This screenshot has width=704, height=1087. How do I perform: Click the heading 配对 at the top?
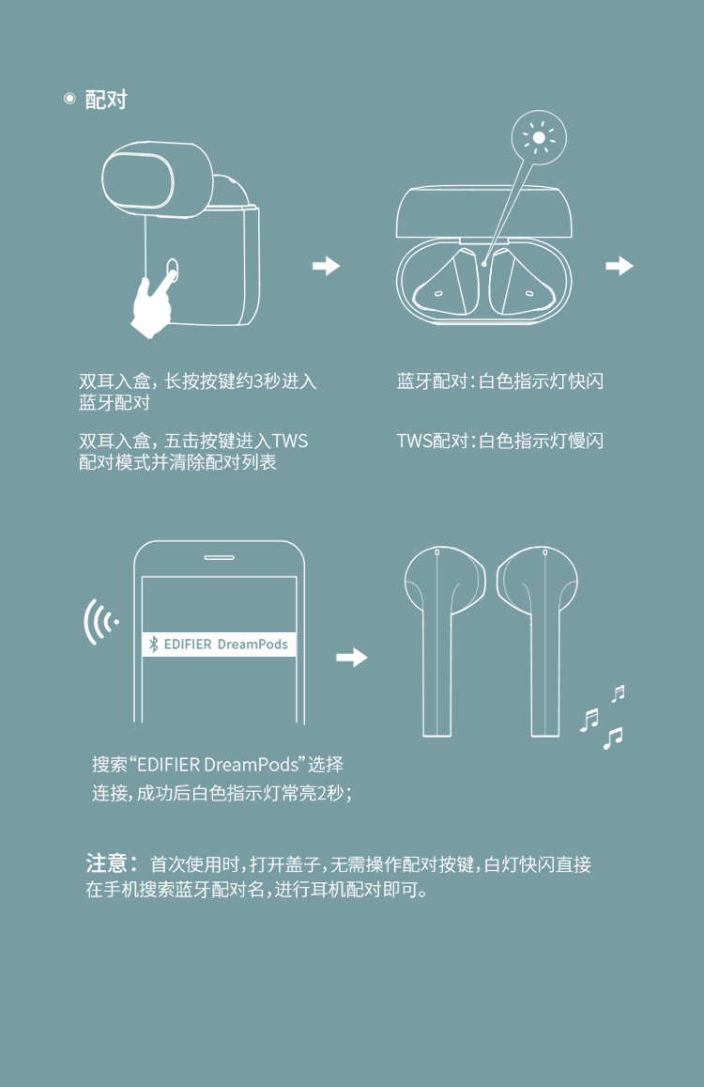click(106, 100)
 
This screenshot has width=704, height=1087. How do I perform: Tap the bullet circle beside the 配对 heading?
click(69, 99)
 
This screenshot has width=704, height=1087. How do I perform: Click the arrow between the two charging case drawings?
click(327, 266)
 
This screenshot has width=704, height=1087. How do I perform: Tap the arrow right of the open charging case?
click(620, 266)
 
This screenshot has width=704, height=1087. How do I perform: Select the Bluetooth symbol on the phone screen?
click(153, 644)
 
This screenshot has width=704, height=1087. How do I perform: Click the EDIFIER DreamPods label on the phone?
click(219, 644)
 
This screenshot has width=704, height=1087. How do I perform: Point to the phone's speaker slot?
click(219, 557)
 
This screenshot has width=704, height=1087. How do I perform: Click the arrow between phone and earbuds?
click(352, 658)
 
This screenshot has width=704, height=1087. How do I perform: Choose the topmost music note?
click(618, 693)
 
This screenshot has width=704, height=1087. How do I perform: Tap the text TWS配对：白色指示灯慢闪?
click(499, 441)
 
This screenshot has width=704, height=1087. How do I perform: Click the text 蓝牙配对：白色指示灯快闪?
click(499, 380)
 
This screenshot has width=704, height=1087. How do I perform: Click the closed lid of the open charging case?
click(484, 211)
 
